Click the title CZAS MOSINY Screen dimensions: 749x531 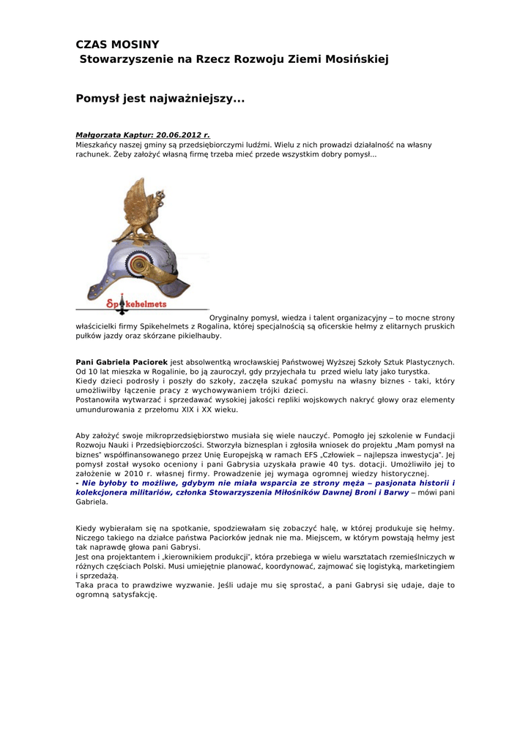(117, 45)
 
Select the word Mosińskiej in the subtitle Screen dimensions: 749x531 (353, 59)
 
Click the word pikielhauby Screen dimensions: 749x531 (198, 336)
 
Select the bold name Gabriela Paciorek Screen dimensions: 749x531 (122, 362)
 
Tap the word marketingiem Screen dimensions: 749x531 (426, 566)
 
